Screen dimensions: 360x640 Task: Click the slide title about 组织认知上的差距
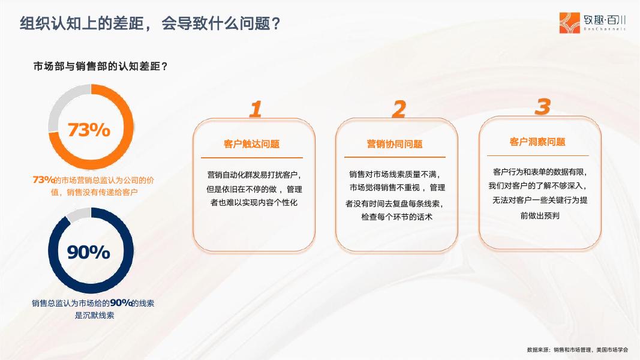tap(151, 24)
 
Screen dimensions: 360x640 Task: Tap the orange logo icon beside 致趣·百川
tap(570, 22)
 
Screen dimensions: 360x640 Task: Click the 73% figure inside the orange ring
tap(89, 130)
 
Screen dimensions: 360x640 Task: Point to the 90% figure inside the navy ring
tap(89, 253)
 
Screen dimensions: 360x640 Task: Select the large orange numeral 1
tap(256, 109)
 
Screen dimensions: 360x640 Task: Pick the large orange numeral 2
tap(398, 109)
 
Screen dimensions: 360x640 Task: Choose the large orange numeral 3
tap(542, 107)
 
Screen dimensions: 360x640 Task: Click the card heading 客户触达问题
tap(251, 144)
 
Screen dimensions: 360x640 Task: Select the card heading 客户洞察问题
tap(537, 142)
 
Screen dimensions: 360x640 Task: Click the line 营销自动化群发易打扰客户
tap(253, 175)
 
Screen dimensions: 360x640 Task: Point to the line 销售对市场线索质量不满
tap(395, 175)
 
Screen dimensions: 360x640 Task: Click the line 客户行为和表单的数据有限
tap(539, 172)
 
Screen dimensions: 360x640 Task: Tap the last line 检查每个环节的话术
tap(396, 217)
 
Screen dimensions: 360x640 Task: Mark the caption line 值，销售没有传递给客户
tap(94, 192)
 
